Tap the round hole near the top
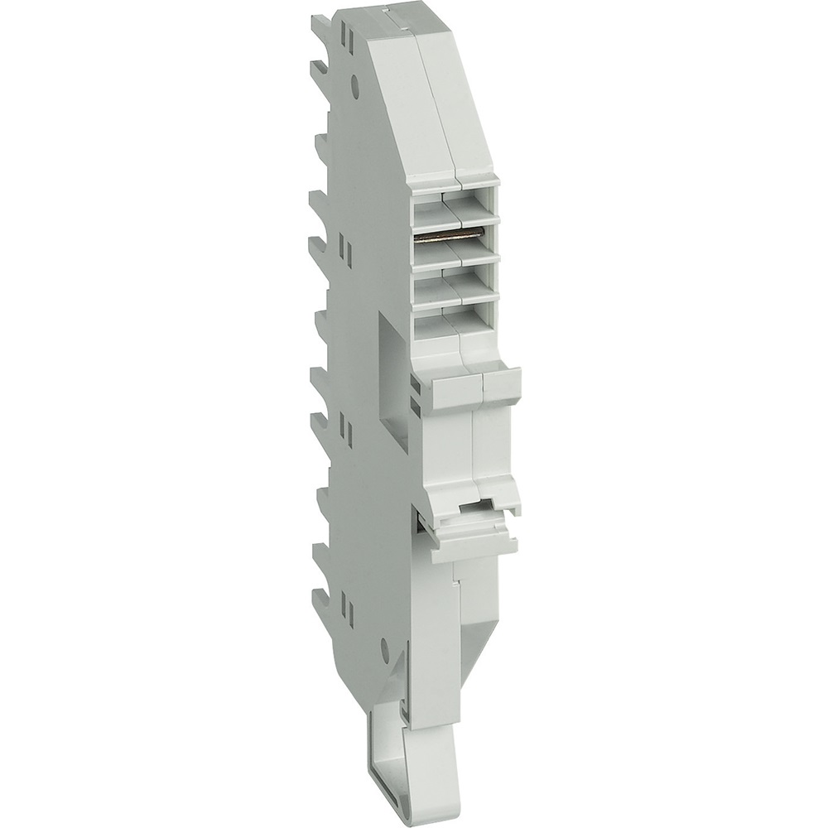pos(357,82)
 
